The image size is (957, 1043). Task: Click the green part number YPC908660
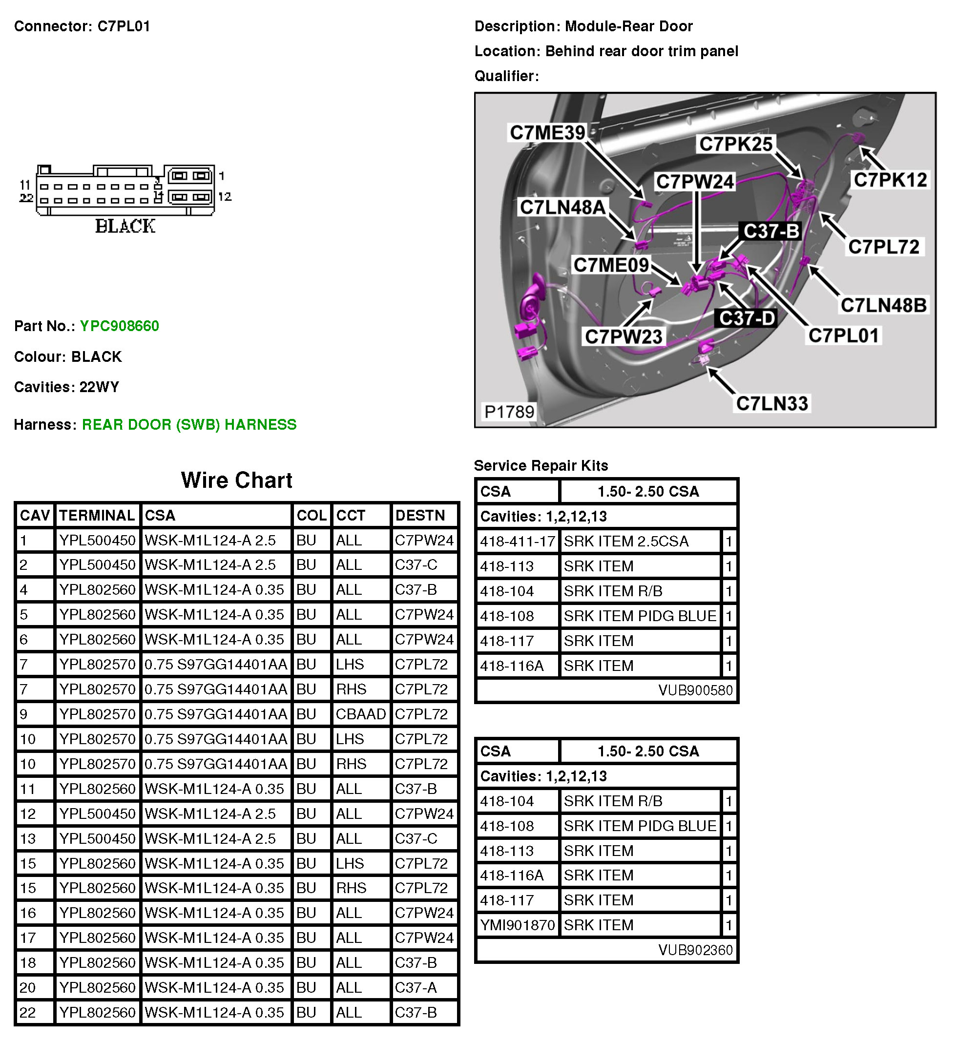pos(119,326)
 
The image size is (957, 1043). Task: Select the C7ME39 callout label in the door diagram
pos(547,133)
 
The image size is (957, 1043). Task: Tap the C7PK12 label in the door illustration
pos(890,180)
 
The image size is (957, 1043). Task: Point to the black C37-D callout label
pos(747,318)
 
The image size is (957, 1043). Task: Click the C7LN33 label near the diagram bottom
pos(771,403)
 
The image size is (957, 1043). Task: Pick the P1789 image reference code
pos(509,412)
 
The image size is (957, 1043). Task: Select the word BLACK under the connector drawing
pos(125,226)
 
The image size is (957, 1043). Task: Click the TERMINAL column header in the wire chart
pos(97,515)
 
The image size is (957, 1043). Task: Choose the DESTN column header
pos(420,515)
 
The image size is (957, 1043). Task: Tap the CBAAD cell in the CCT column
pos(360,714)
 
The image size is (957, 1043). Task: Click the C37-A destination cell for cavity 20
pos(416,988)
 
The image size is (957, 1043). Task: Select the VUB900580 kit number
pos(695,690)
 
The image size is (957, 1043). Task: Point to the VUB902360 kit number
pos(695,950)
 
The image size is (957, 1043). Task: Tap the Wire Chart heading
pos(237,480)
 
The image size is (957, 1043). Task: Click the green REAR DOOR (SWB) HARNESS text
pos(189,425)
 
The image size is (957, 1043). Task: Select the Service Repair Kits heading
pos(541,465)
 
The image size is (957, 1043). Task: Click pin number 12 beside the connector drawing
pos(225,197)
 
